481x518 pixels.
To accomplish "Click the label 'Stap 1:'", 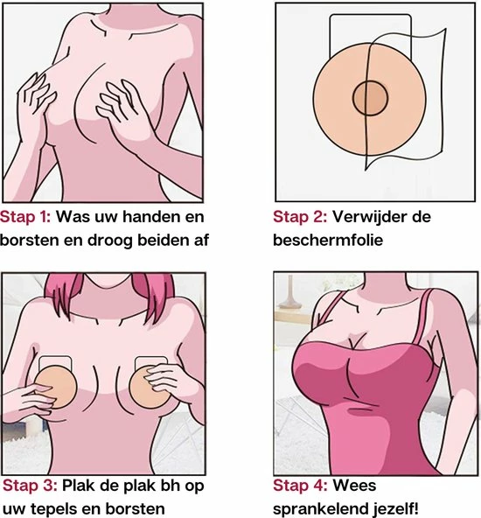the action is [25, 217].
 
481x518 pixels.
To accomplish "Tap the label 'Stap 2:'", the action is [300, 217].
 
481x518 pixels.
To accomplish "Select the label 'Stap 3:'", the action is [30, 486].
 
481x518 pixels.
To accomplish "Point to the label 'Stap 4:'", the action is [301, 486].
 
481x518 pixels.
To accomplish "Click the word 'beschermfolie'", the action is [328, 240].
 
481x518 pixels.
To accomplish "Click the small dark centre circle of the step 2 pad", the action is [370, 98].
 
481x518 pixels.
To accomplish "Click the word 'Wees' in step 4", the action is [354, 486].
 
